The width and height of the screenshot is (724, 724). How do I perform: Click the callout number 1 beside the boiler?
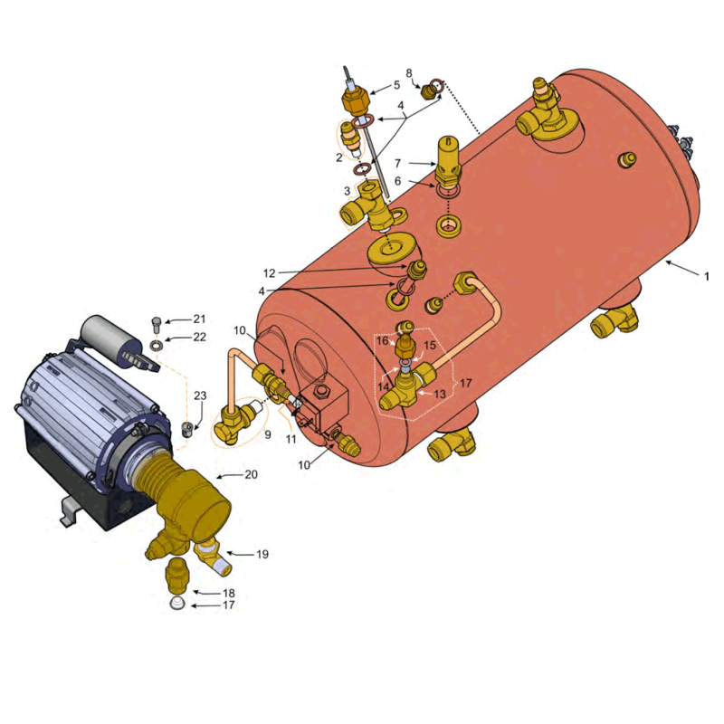click(x=706, y=276)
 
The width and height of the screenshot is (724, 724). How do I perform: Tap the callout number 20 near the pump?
click(x=252, y=474)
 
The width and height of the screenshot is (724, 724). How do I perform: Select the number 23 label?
click(x=200, y=395)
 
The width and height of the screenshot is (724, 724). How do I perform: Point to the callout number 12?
click(x=269, y=273)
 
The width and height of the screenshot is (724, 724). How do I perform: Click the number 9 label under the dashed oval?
click(x=268, y=434)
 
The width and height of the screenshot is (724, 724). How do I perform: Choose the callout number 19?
click(x=262, y=554)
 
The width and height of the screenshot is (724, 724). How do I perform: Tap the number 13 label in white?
click(x=440, y=394)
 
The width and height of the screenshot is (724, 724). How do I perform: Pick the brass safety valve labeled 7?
click(x=448, y=160)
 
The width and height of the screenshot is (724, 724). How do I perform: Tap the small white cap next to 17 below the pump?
click(x=177, y=603)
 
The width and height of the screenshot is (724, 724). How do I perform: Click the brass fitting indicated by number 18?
click(x=176, y=576)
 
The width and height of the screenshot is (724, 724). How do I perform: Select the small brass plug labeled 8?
click(x=427, y=91)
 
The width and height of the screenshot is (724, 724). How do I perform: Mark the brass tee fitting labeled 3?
click(x=369, y=207)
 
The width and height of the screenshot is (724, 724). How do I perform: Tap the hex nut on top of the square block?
click(x=321, y=393)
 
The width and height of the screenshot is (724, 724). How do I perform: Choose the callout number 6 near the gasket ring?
click(x=397, y=181)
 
